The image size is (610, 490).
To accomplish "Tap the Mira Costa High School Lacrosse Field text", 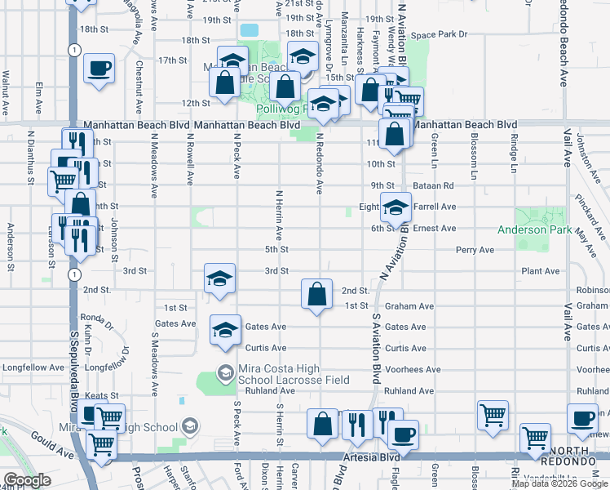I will click(x=294, y=374).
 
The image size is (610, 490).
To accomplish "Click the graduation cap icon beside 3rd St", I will click(x=220, y=278).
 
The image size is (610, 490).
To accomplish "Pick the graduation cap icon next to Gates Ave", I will click(x=226, y=329).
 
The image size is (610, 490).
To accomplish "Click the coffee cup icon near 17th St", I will click(x=99, y=68).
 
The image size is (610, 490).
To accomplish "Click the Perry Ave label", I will click(x=475, y=249).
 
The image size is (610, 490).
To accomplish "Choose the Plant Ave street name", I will click(x=541, y=271).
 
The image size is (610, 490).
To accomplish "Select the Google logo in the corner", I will click(x=27, y=481).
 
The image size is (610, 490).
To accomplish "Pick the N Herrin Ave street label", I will click(x=278, y=215).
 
